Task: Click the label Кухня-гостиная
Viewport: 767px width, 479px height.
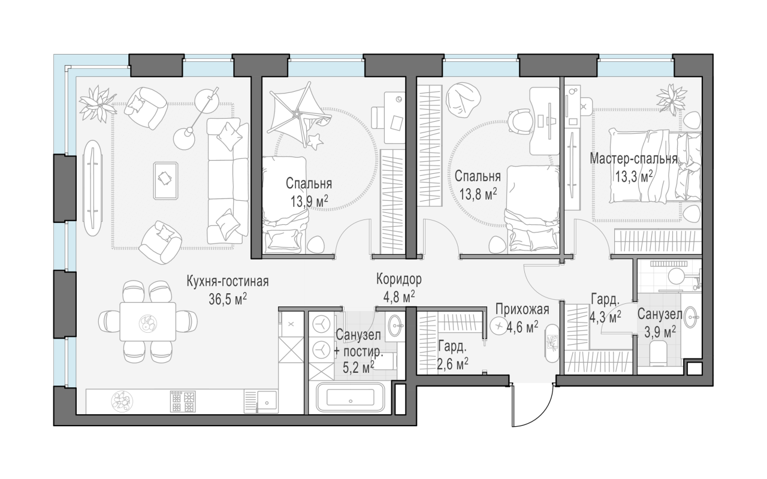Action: (227, 282)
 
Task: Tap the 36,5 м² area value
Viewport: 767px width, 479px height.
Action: (227, 299)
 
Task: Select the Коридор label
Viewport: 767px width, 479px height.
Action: (399, 279)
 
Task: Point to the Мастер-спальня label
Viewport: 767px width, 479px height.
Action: (633, 159)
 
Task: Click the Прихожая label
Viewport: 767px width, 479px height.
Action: (522, 309)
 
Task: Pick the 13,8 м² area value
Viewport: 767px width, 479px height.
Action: (478, 194)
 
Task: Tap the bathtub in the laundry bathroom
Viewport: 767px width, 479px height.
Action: (351, 397)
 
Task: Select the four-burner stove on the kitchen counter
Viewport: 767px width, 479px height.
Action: (184, 402)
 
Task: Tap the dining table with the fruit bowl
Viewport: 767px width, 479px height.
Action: (148, 321)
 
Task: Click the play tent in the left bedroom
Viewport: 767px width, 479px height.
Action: (298, 112)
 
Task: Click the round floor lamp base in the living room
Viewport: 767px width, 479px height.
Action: (184, 138)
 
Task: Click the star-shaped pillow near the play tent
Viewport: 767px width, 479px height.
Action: (315, 141)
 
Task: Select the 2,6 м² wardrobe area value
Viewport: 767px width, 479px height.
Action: (452, 364)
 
